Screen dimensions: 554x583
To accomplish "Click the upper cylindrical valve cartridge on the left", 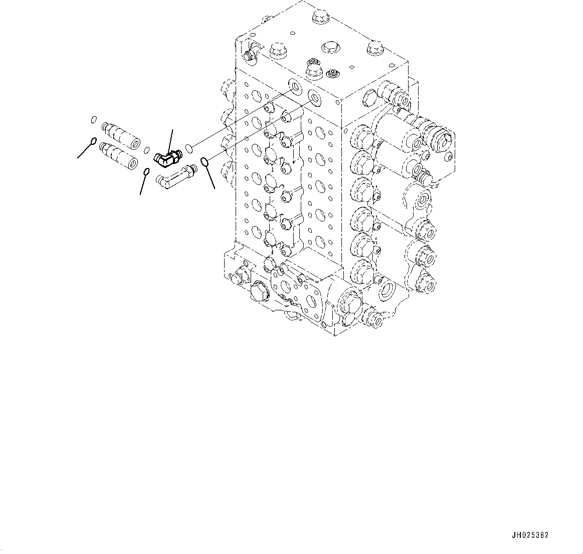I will point(120,133).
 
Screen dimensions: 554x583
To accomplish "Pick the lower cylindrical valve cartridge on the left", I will point(119,154).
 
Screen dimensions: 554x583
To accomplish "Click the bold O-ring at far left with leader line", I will point(93,141).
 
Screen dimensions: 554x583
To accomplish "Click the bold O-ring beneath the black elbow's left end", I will point(146,172).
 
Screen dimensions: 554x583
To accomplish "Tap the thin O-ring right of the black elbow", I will point(189,147).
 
